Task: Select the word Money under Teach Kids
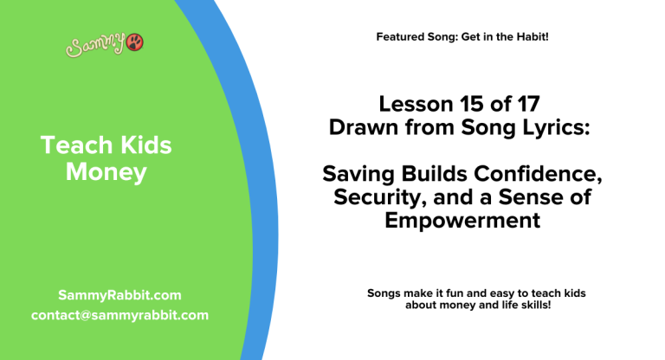[107, 173]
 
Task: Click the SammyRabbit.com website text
[119, 295]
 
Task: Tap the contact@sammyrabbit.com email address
[119, 315]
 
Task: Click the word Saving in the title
[356, 175]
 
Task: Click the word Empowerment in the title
[462, 221]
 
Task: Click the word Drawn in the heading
[360, 127]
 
